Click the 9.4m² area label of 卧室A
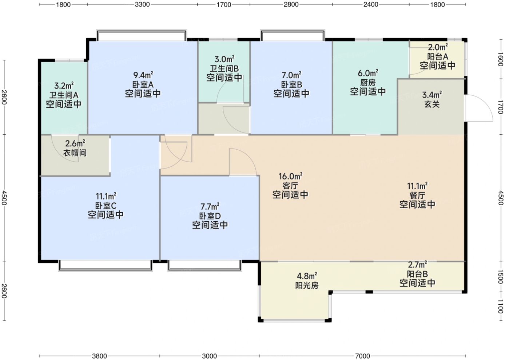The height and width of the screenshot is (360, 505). (143, 74)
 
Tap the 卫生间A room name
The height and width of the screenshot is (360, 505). (64, 95)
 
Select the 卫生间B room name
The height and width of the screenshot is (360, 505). (224, 68)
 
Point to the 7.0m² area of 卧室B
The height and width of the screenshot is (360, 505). (291, 75)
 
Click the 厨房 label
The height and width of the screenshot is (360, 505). (368, 83)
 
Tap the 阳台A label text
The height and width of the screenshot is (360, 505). (438, 56)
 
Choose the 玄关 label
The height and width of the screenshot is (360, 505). (432, 104)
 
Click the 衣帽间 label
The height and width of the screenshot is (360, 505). (75, 153)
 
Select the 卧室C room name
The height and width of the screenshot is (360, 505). (106, 206)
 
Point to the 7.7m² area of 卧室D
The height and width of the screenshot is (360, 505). (210, 206)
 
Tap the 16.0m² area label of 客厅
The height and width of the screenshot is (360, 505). (290, 176)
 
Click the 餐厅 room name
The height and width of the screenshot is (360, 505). (417, 195)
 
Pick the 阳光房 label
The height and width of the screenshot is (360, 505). (307, 286)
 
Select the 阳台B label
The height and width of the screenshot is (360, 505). (417, 274)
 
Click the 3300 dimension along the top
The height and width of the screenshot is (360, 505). (142, 4)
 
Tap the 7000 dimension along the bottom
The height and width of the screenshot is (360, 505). (362, 356)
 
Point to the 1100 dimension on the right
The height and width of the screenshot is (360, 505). (500, 306)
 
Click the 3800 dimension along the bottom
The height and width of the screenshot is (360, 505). (99, 356)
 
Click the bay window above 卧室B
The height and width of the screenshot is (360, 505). (293, 35)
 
